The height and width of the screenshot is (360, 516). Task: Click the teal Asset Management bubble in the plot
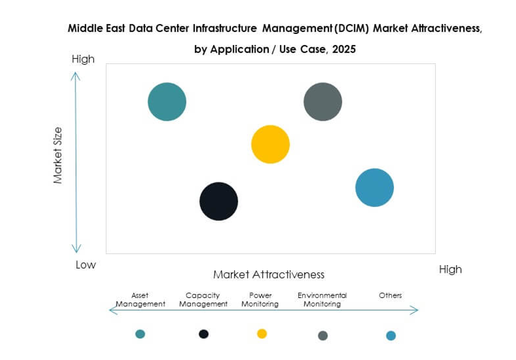[x=167, y=102]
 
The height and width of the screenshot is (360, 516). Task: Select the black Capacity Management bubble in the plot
[x=219, y=201]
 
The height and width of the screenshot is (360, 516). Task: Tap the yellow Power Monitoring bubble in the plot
[x=271, y=144]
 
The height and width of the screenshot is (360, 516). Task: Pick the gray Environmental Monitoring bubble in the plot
[x=323, y=102]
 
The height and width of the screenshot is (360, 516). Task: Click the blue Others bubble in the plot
[x=375, y=188]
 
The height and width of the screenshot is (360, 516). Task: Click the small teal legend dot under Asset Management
[x=140, y=334]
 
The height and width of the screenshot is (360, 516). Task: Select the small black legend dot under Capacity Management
[x=204, y=334]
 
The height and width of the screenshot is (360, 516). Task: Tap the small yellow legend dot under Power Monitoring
[x=262, y=334]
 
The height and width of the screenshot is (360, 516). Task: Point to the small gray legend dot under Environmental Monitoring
[x=323, y=336]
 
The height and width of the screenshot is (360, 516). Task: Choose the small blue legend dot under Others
[x=391, y=336]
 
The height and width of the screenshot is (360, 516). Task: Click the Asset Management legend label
[x=140, y=300]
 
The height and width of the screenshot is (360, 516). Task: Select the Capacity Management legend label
[x=204, y=300]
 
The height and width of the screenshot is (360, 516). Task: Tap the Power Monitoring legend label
[x=260, y=300]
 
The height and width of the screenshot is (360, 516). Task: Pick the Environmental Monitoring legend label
[x=322, y=300]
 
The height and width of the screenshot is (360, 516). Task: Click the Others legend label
[x=390, y=296]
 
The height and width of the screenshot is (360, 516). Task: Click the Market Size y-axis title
[x=58, y=155]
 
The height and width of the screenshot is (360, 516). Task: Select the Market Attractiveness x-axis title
[x=269, y=275]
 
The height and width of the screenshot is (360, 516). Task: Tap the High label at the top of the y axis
[x=83, y=59]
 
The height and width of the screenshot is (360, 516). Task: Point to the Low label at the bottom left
[x=85, y=265]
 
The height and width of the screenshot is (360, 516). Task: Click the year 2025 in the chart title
[x=344, y=49]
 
